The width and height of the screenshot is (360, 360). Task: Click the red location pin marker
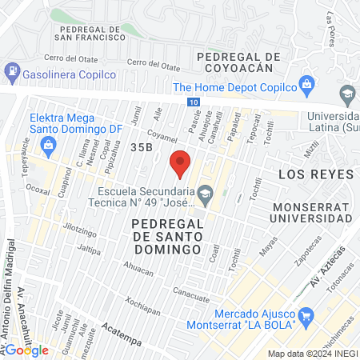[x=180, y=163]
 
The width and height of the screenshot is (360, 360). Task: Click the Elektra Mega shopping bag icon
[x=48, y=145]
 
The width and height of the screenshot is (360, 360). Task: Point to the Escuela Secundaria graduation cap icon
[x=206, y=192]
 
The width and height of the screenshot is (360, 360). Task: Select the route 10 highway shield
[x=196, y=102]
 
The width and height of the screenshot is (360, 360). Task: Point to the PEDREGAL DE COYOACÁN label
[x=239, y=63]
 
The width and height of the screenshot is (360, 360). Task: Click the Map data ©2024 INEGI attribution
[x=310, y=354]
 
